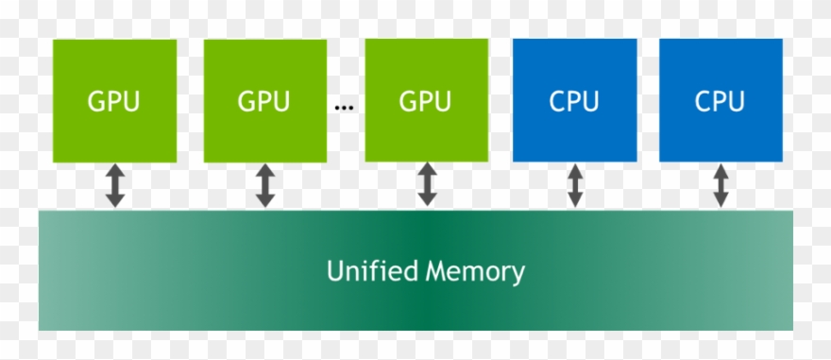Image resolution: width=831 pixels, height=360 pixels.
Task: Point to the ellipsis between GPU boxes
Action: tap(344, 107)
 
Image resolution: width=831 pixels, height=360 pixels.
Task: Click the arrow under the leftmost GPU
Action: tap(114, 185)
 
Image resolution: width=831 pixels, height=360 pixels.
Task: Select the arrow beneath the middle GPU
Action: tap(265, 185)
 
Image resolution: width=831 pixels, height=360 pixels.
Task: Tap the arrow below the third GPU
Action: tap(427, 185)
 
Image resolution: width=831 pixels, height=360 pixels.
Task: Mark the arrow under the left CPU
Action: tap(574, 185)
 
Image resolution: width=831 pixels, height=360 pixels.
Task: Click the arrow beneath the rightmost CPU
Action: tap(721, 185)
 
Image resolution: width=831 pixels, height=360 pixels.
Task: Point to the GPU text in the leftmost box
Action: tap(114, 101)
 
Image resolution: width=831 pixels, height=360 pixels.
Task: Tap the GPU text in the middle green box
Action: tap(264, 101)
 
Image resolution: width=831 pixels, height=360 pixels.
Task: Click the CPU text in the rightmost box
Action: tap(721, 101)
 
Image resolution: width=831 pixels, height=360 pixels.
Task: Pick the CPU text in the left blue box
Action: tap(574, 101)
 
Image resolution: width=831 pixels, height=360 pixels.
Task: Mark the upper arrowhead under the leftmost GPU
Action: tap(114, 170)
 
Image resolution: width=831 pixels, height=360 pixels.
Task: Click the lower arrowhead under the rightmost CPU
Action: tap(721, 200)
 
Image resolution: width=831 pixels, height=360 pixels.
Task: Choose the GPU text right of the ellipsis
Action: tap(427, 101)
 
